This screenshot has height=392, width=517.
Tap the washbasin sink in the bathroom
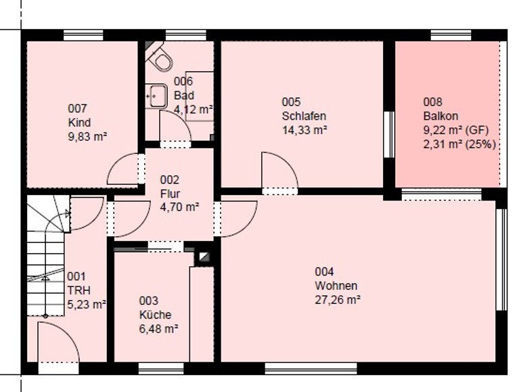156,95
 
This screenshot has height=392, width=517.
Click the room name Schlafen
304,116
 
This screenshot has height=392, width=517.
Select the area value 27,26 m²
338,300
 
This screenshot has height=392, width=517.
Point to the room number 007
78,108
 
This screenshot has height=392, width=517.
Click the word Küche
155,314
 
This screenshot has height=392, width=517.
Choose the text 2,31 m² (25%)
459,144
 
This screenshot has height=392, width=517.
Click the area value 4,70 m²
179,207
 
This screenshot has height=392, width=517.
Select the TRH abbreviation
78,290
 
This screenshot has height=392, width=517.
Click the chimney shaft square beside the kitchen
204,257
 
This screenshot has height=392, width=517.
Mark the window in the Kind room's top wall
83,35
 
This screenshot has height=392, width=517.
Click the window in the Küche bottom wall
161,368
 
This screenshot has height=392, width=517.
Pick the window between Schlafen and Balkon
389,135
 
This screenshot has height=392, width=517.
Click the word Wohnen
336,286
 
